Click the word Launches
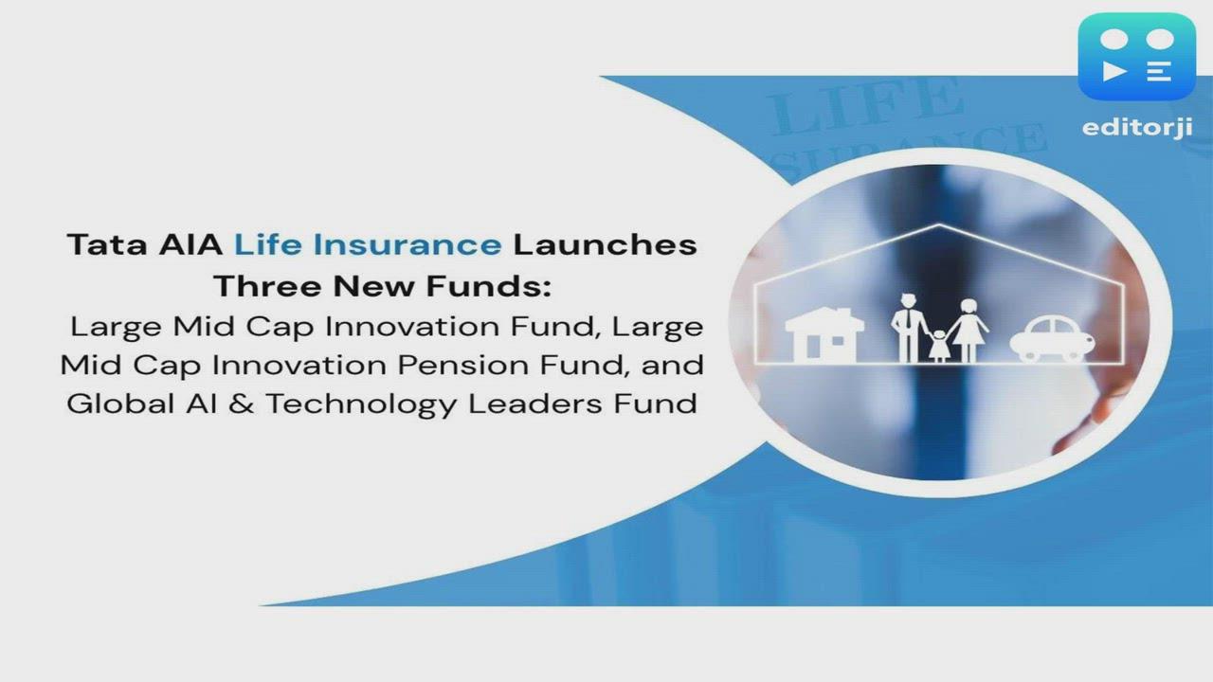tap(605, 244)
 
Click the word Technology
tap(361, 404)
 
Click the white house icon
tap(824, 334)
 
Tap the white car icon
tap(1051, 340)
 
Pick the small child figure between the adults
tap(938, 346)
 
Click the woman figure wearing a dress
tap(968, 330)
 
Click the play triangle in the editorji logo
tap(1115, 71)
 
